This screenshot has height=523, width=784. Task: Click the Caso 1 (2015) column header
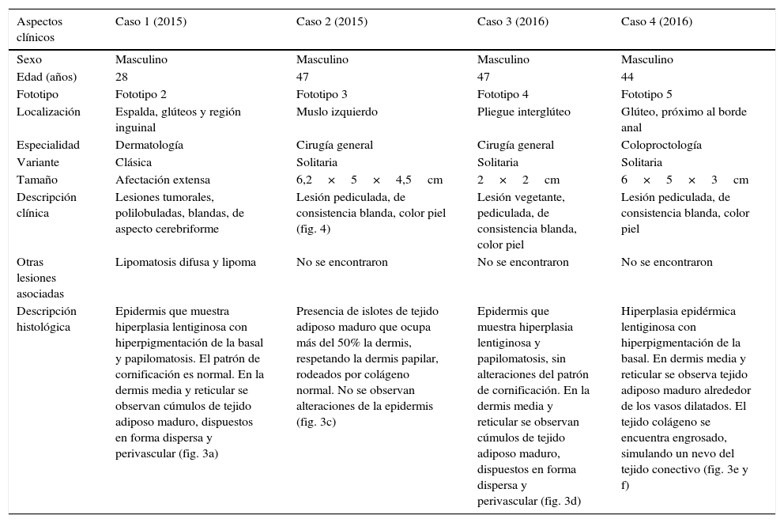point(151,22)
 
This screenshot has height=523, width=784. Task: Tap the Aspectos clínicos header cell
point(40,29)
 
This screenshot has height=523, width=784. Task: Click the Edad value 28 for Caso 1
point(122,78)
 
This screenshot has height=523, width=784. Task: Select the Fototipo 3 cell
point(322,95)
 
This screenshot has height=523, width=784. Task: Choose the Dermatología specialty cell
point(149,146)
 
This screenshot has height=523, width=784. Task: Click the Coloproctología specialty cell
point(661,146)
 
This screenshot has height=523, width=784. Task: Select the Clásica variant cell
point(134,163)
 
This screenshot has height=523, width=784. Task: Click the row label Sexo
point(29,60)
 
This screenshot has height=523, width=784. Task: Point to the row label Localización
point(48,112)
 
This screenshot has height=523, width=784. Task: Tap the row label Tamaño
point(37,180)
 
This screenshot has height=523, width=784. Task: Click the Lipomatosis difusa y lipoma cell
point(186,263)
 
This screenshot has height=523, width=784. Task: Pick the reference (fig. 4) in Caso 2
point(314,229)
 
